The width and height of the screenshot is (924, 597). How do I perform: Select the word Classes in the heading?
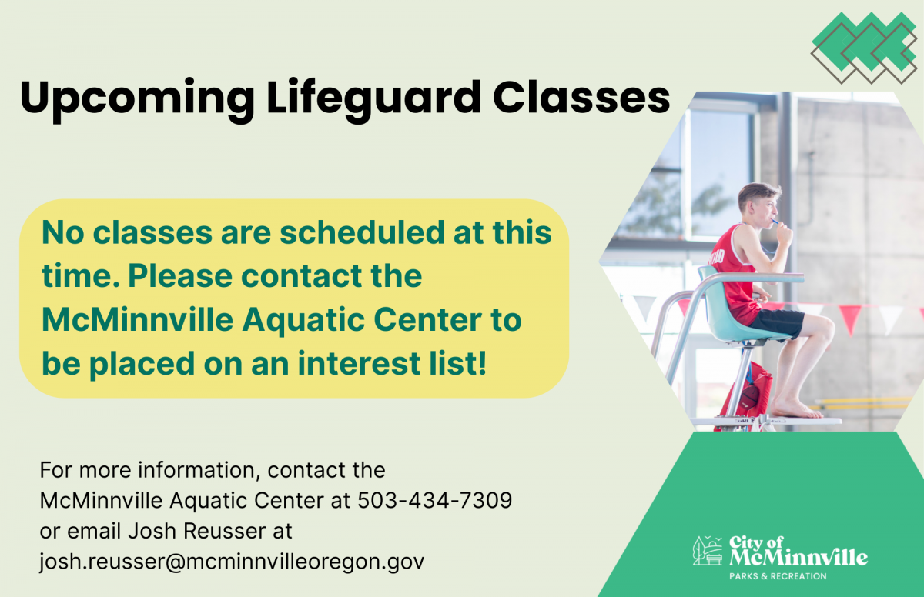tap(581, 98)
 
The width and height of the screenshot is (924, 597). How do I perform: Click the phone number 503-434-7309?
tap(435, 500)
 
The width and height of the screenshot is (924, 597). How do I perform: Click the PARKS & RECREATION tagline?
tap(778, 576)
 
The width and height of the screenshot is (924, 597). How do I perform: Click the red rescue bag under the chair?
tap(748, 392)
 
